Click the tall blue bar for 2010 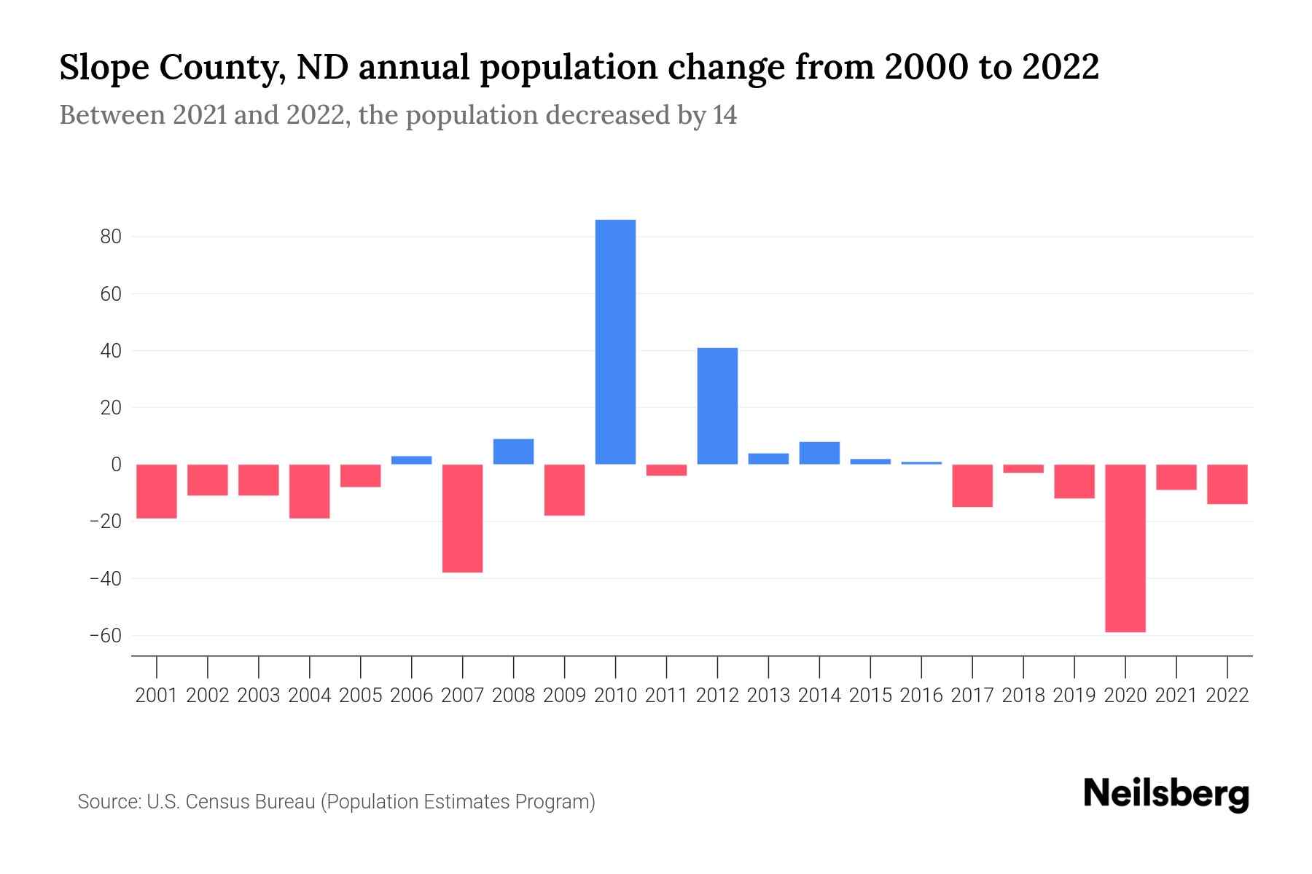(615, 342)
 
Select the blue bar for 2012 (717, 406)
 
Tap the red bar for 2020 (1125, 548)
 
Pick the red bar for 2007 (462, 518)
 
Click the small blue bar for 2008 (513, 452)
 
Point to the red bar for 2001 (157, 491)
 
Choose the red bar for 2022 (1227, 484)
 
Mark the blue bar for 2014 (819, 453)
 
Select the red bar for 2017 (972, 485)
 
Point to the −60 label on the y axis (105, 636)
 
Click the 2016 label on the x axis (921, 696)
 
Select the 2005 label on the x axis (361, 696)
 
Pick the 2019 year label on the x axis (1074, 696)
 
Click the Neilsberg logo (1166, 795)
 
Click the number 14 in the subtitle (725, 115)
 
